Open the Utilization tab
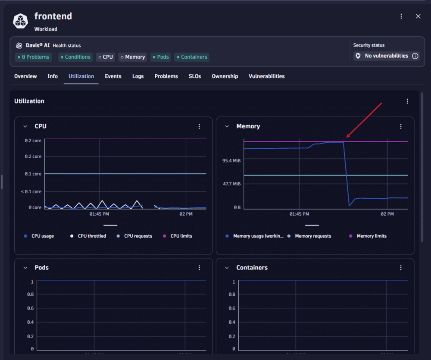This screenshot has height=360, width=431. [81, 76]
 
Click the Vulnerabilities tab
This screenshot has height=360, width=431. [266, 76]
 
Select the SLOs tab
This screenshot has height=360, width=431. [195, 76]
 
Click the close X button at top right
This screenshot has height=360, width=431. [418, 16]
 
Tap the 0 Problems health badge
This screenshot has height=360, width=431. [33, 57]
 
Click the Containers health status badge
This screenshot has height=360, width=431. [192, 57]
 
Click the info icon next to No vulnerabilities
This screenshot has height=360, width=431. [415, 56]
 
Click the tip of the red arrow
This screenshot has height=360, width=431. [347, 138]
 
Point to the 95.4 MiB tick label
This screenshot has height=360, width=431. [231, 161]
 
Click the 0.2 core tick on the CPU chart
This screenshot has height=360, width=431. [33, 141]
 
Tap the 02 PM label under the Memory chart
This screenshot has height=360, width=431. [387, 214]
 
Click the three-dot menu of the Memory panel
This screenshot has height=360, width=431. [401, 126]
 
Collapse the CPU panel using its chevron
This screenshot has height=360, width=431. [25, 126]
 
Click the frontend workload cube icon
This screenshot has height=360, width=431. [20, 21]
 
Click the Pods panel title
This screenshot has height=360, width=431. [41, 268]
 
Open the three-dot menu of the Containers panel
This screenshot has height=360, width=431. [401, 268]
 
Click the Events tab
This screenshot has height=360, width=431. [113, 76]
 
